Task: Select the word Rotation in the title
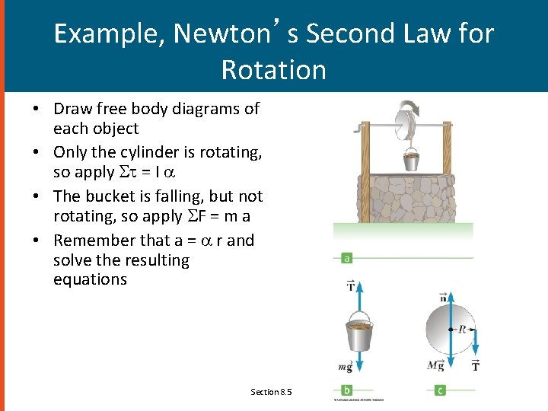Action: (x=273, y=70)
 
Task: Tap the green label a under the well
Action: (x=347, y=258)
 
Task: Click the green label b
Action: (x=347, y=390)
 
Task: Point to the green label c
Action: (x=440, y=390)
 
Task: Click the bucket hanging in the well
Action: (x=411, y=160)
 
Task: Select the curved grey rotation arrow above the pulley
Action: (x=413, y=109)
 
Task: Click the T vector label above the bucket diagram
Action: (x=351, y=286)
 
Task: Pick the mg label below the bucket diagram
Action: (x=345, y=367)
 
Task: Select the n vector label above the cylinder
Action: (x=443, y=296)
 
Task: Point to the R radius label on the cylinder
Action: (x=461, y=329)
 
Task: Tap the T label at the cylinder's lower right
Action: (x=476, y=367)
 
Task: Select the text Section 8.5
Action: (x=272, y=392)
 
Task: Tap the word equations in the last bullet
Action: (x=90, y=279)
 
